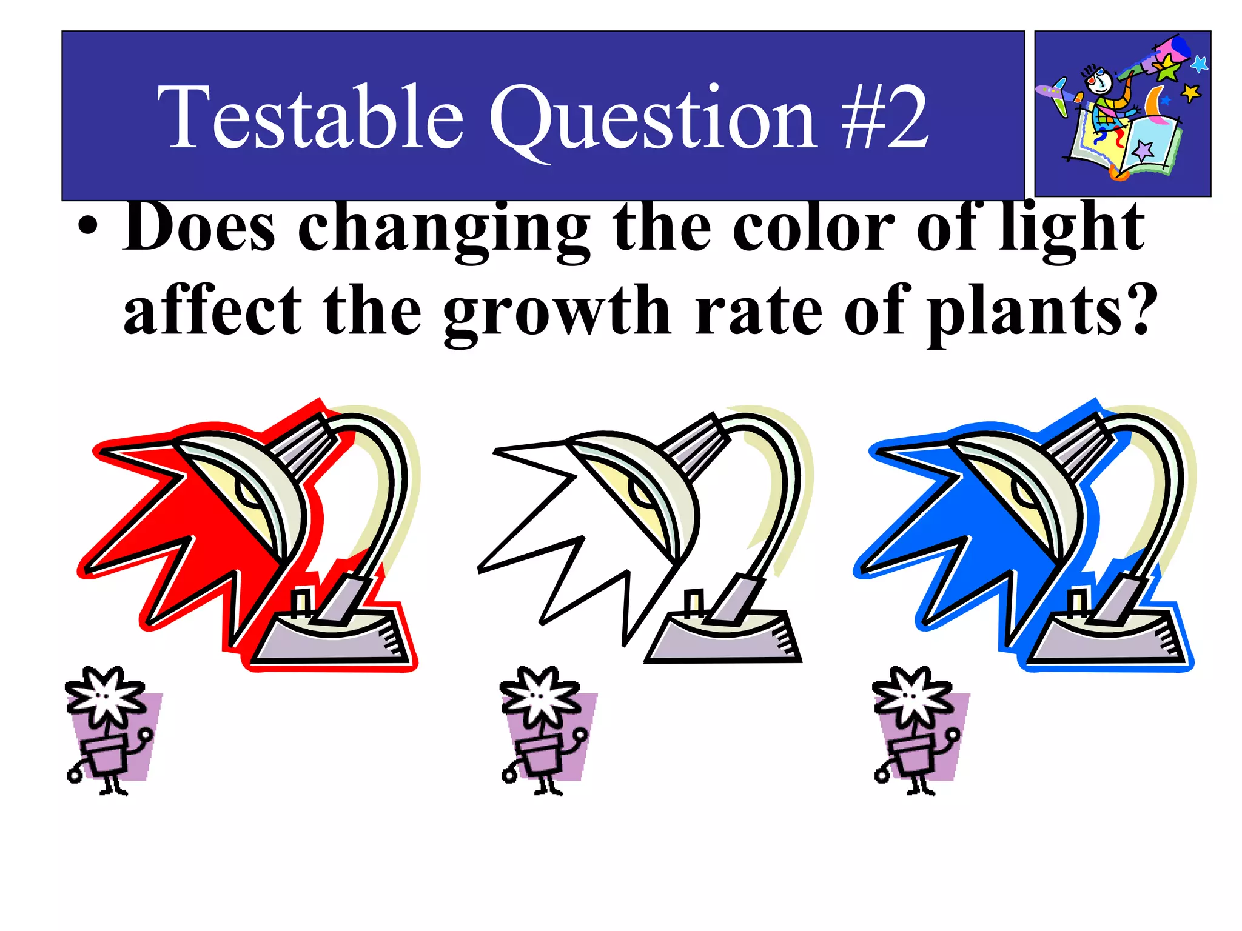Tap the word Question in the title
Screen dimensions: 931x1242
[653, 119]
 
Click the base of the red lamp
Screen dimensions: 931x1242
[331, 639]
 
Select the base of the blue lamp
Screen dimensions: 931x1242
[1107, 639]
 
